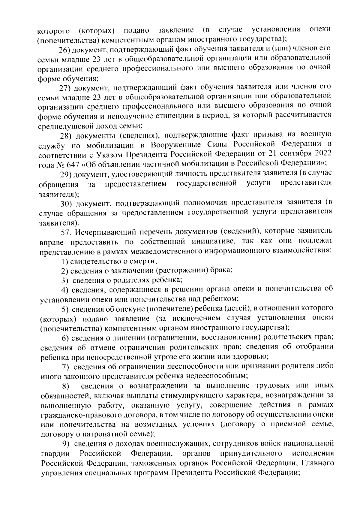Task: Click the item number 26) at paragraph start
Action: [x=64, y=49]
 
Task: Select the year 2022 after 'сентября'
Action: [x=323, y=154]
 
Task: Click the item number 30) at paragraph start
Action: [x=66, y=203]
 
